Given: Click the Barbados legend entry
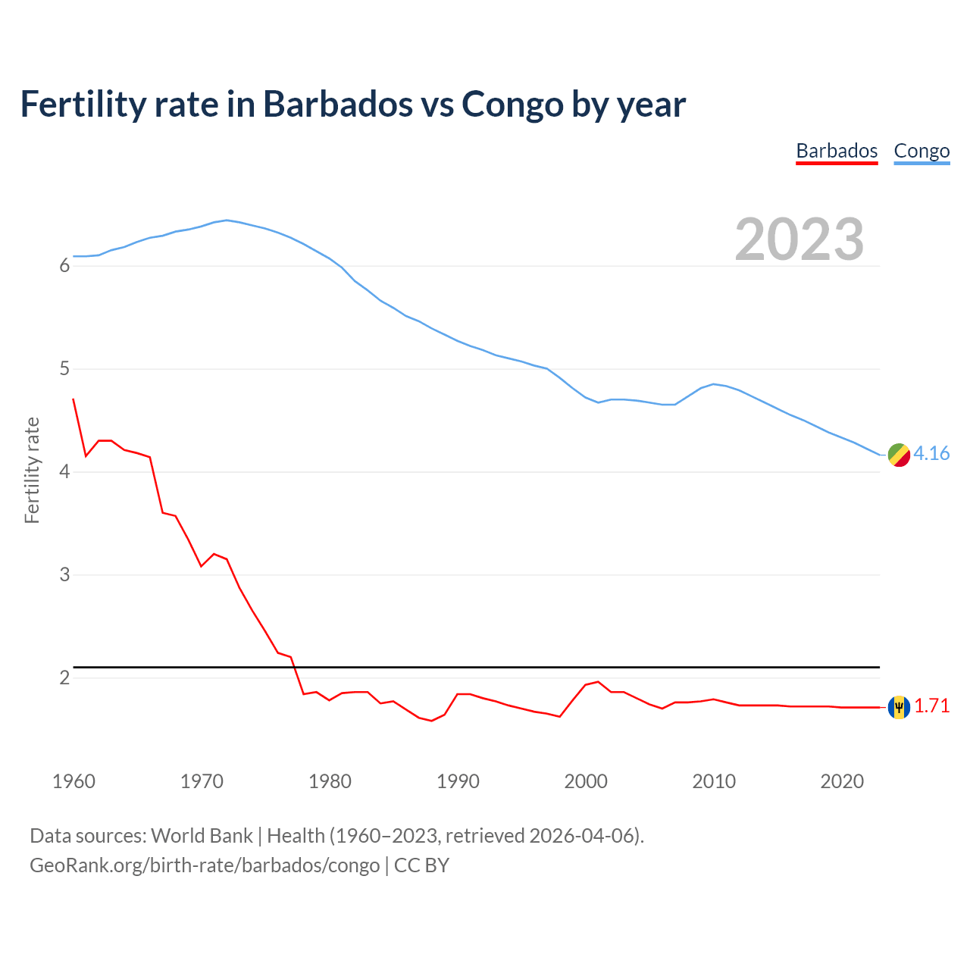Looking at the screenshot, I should (837, 151).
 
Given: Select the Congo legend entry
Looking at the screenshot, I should (921, 151).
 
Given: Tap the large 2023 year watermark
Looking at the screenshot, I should (799, 239).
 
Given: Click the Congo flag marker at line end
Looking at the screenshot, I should (899, 455).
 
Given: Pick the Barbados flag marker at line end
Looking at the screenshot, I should (899, 707).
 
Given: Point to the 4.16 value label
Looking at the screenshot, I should (931, 453).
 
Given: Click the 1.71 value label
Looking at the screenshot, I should (931, 706).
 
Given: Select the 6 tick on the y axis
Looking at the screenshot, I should (64, 266).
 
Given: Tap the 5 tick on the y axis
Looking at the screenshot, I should (64, 369).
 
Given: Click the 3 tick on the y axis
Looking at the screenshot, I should (64, 574).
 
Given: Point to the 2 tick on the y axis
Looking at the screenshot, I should (64, 677).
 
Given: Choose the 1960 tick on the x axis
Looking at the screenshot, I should (74, 781).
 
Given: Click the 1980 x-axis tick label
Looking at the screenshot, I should (330, 781).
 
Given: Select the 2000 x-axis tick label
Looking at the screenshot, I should (586, 781).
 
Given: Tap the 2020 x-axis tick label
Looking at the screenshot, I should (842, 781).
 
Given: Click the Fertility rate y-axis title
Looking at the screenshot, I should (32, 470).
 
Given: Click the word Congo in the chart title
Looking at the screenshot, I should (512, 105).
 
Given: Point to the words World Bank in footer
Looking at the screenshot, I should (202, 836).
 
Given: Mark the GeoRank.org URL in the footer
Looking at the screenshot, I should (205, 865).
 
